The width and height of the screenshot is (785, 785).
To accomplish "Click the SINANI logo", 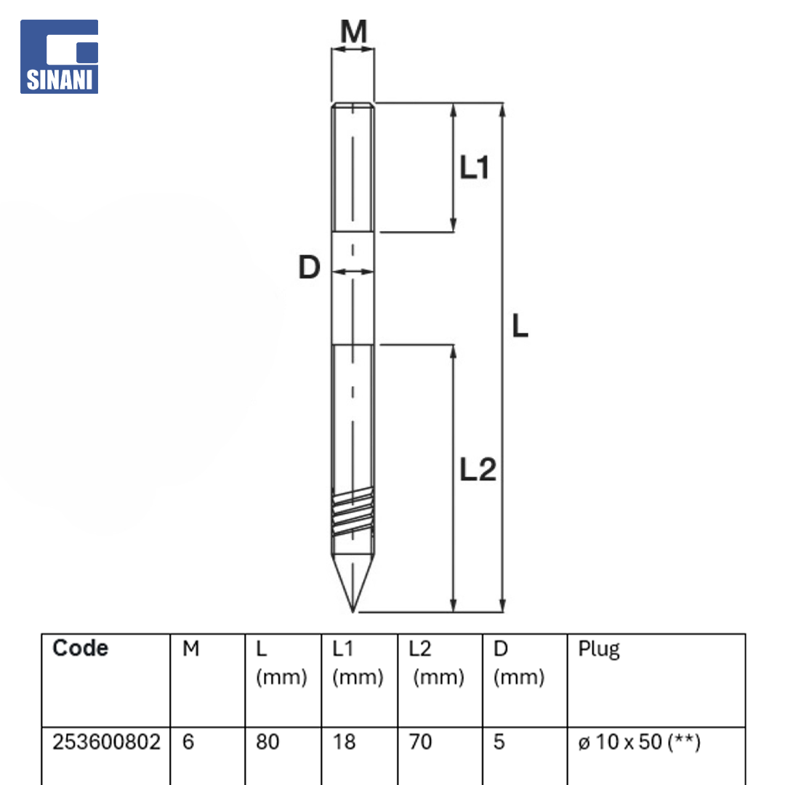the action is coord(59,57).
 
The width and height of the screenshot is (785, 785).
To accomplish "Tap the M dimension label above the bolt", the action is coord(353,31).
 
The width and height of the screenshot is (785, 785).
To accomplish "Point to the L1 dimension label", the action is coord(474,167).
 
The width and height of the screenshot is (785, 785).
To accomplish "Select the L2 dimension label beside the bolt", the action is coord(478,470).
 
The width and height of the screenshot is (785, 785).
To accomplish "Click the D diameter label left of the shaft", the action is coord(309,267).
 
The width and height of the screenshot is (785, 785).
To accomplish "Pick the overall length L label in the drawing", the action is coord(520,326).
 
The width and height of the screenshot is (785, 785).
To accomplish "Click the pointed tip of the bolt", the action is coord(353,611).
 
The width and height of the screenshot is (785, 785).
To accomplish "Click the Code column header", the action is coord(80,648).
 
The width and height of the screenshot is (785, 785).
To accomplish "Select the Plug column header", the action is coord(599,649).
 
